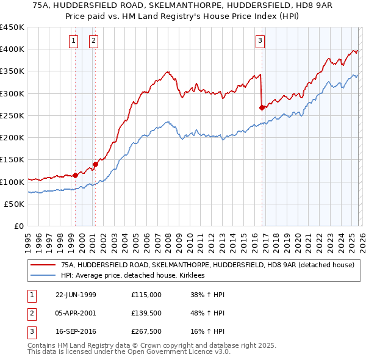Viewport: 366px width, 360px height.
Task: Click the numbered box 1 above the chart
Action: coord(73,41)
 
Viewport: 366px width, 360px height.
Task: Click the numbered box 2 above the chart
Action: coord(93,41)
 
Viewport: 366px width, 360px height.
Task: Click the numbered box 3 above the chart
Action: coord(260,41)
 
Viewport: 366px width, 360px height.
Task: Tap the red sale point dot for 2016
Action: coord(262,107)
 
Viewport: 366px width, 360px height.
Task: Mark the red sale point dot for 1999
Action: coord(75,175)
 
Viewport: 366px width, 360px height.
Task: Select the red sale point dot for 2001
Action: coord(95,164)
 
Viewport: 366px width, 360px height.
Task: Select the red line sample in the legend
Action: coord(42,265)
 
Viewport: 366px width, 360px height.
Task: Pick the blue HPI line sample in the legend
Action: coord(42,276)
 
